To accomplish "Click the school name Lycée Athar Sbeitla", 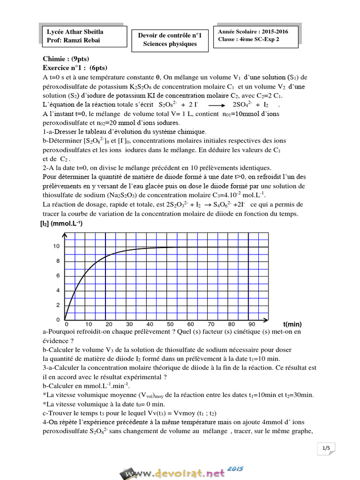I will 75,32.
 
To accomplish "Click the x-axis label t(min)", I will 292,324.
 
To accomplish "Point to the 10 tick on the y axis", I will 56,246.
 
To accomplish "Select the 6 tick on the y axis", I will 58,276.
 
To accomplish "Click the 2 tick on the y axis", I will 58,305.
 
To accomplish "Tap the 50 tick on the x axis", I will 170,324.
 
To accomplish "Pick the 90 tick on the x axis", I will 252,324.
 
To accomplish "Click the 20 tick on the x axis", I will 108,324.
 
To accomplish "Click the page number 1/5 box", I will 326,449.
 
